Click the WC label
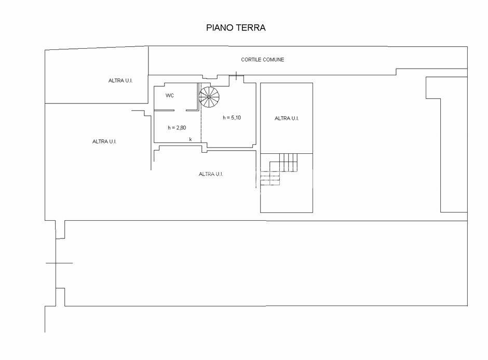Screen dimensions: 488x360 [170, 96]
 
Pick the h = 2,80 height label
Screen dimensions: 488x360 [177, 128]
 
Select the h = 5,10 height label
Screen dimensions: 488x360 [232, 118]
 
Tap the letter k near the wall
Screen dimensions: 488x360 [191, 139]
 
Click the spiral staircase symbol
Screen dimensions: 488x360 [209, 97]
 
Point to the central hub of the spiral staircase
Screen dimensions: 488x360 [209, 97]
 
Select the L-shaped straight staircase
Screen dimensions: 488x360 [279, 169]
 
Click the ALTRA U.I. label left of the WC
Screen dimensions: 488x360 [120, 81]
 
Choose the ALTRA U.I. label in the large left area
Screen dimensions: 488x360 [104, 142]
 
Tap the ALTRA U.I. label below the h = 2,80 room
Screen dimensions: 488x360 [211, 174]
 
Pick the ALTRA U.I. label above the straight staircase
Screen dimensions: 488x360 [287, 118]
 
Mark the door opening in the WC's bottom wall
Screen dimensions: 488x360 [180, 110]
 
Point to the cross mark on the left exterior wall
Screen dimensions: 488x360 [57, 263]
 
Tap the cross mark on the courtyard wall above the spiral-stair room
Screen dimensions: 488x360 [236, 75]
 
